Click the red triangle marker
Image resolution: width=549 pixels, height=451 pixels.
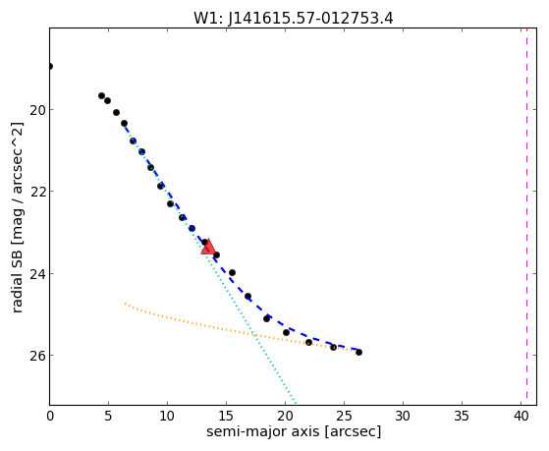tap(208, 248)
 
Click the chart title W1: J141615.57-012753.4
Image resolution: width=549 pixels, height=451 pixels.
tap(294, 19)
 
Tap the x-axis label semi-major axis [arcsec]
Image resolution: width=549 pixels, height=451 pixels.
tap(294, 431)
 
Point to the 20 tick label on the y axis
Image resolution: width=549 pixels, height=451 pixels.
tap(36, 110)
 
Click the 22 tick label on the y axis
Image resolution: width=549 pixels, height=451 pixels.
tap(36, 192)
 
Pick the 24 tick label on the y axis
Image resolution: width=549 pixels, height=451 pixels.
tap(36, 274)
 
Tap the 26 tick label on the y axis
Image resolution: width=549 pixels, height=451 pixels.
tap(36, 356)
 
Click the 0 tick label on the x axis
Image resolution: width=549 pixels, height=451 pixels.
tap(50, 417)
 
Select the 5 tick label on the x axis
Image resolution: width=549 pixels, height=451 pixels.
tap(109, 417)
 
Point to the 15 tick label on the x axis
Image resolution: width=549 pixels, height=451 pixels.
tap(226, 417)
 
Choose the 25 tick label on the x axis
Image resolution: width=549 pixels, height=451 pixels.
tap(344, 417)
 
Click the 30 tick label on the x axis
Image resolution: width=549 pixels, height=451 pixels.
tap(403, 417)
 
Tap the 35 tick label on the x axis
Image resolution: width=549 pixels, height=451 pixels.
tap(462, 417)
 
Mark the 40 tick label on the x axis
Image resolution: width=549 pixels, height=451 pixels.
tap(521, 417)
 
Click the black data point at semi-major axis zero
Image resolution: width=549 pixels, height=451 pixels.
tap(50, 66)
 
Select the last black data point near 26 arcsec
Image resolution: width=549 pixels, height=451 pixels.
tap(358, 352)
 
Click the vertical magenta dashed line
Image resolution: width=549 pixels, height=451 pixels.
tap(526, 216)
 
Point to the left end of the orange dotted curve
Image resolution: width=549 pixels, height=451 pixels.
tap(125, 304)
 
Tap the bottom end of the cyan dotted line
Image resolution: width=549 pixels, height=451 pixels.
tap(296, 404)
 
